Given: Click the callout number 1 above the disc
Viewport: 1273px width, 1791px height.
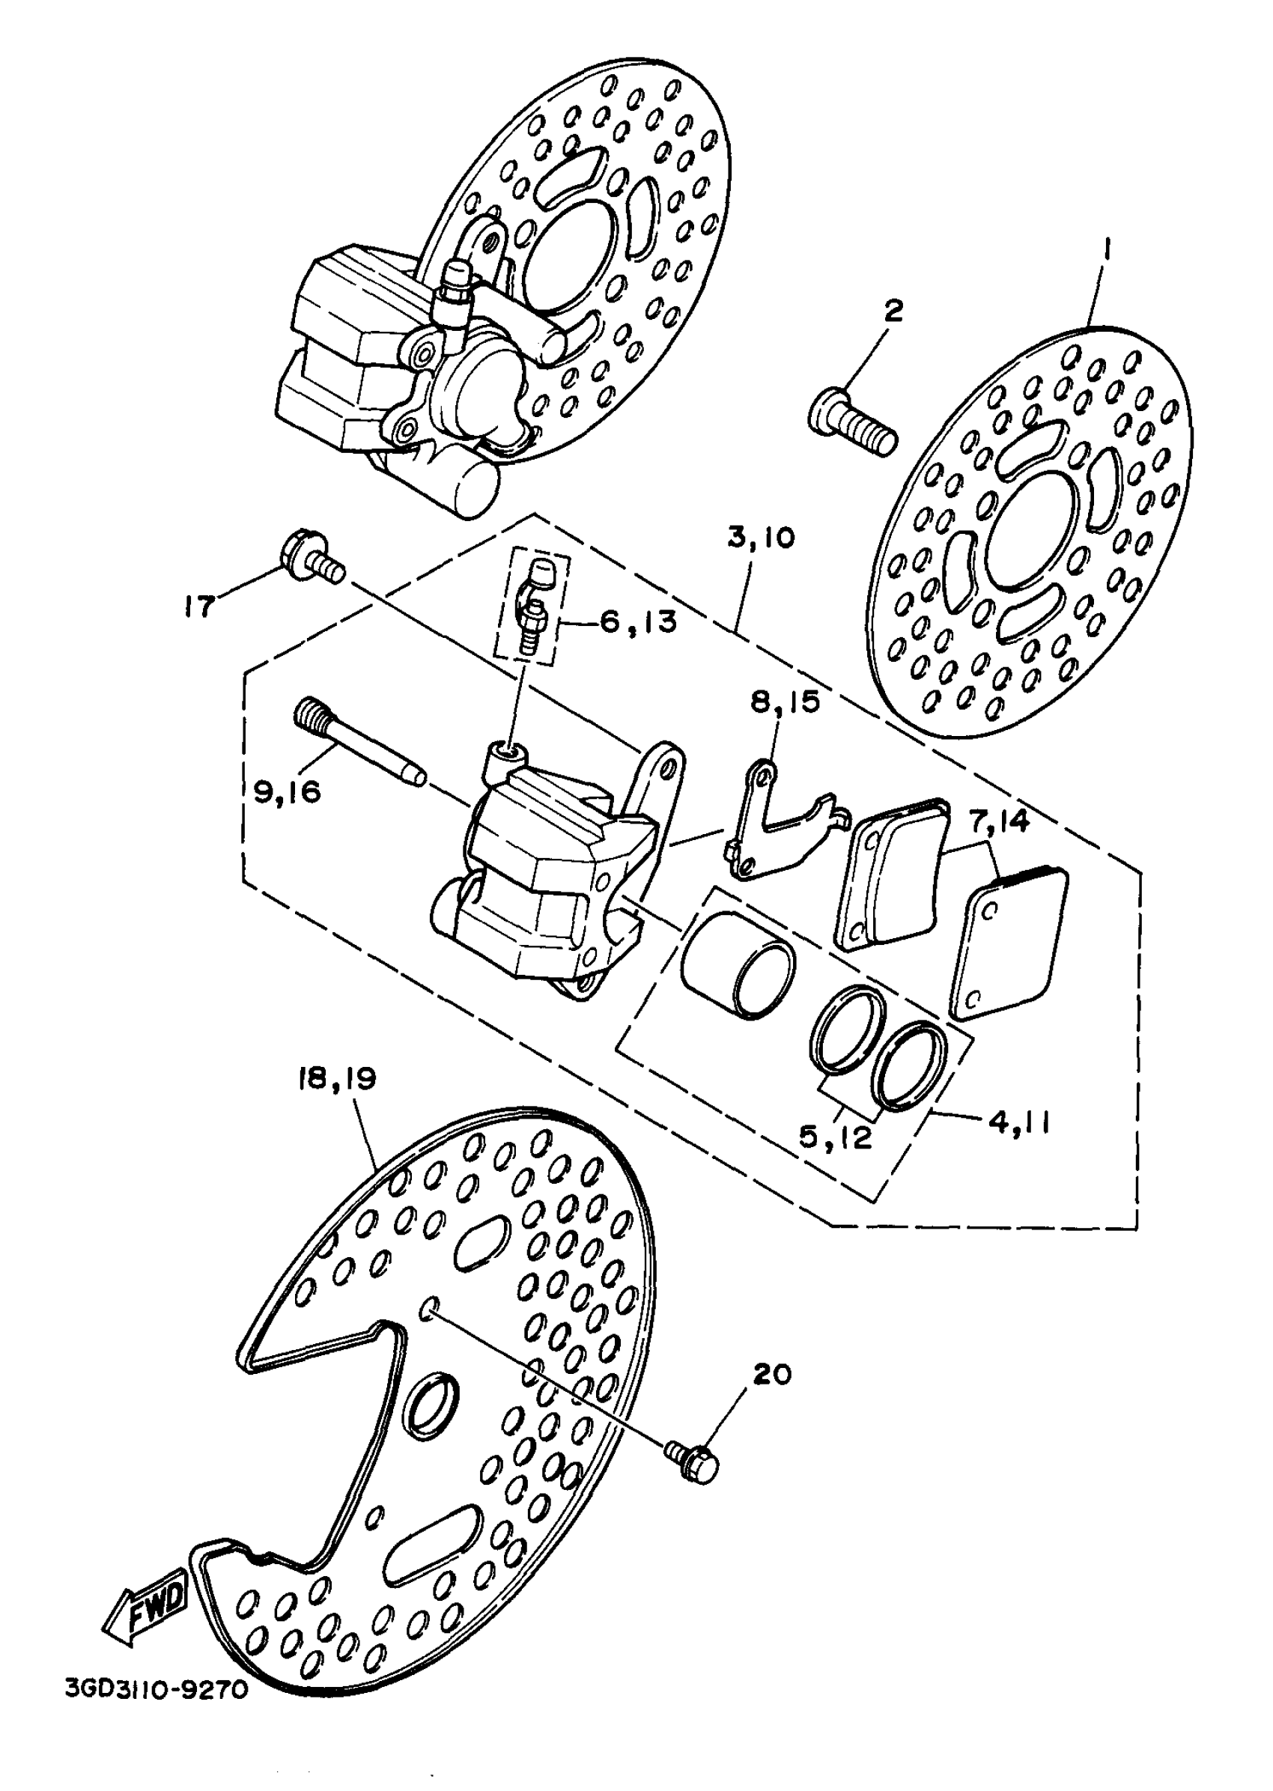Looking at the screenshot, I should point(1107,252).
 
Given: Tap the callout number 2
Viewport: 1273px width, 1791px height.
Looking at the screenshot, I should point(892,311).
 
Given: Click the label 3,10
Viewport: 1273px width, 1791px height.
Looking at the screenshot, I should point(760,538).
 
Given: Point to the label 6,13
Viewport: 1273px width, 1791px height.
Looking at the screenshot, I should point(638,622).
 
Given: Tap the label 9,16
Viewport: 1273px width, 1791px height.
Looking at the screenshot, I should point(287,791).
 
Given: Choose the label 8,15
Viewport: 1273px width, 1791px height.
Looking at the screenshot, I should point(786,702).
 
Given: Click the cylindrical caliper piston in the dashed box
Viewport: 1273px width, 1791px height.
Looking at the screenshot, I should point(737,966).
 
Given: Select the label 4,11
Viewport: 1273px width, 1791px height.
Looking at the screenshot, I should point(1019,1122).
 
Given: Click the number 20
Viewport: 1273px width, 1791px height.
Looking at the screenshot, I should point(772,1374).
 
